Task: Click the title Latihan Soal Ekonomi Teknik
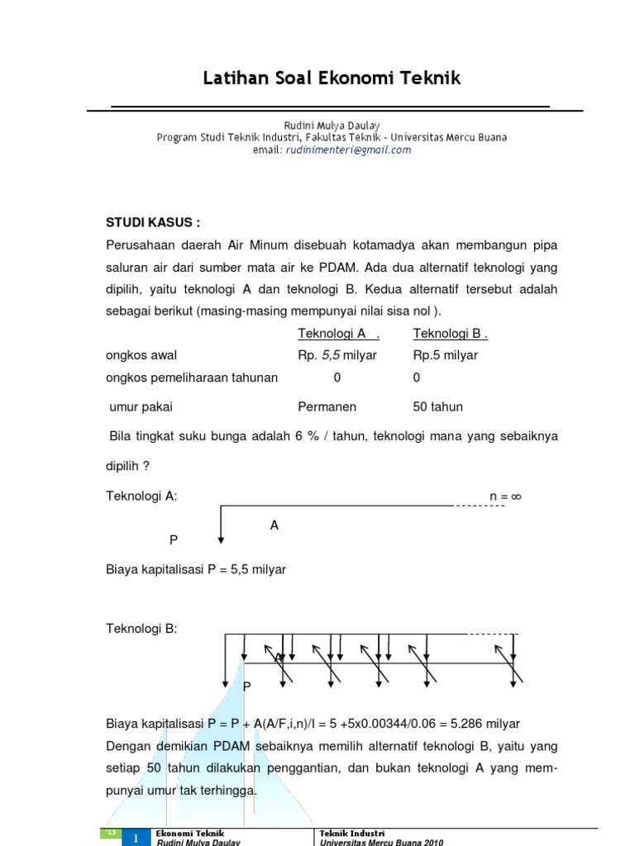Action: click(x=332, y=78)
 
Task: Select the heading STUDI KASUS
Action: click(x=153, y=223)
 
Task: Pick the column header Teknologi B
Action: click(x=450, y=333)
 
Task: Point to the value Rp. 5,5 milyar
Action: click(x=337, y=355)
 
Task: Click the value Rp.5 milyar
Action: click(x=445, y=355)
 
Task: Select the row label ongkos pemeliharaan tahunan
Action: click(x=192, y=378)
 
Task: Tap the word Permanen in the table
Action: click(x=327, y=406)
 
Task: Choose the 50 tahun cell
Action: click(x=437, y=406)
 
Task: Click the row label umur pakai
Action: click(x=141, y=406)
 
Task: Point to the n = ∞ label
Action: click(x=506, y=497)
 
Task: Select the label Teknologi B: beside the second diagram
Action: click(x=141, y=629)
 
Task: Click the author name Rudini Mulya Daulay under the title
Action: click(x=332, y=126)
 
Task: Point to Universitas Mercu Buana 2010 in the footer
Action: click(x=381, y=842)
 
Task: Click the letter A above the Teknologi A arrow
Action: click(x=275, y=525)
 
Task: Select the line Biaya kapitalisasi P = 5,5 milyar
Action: click(x=196, y=569)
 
